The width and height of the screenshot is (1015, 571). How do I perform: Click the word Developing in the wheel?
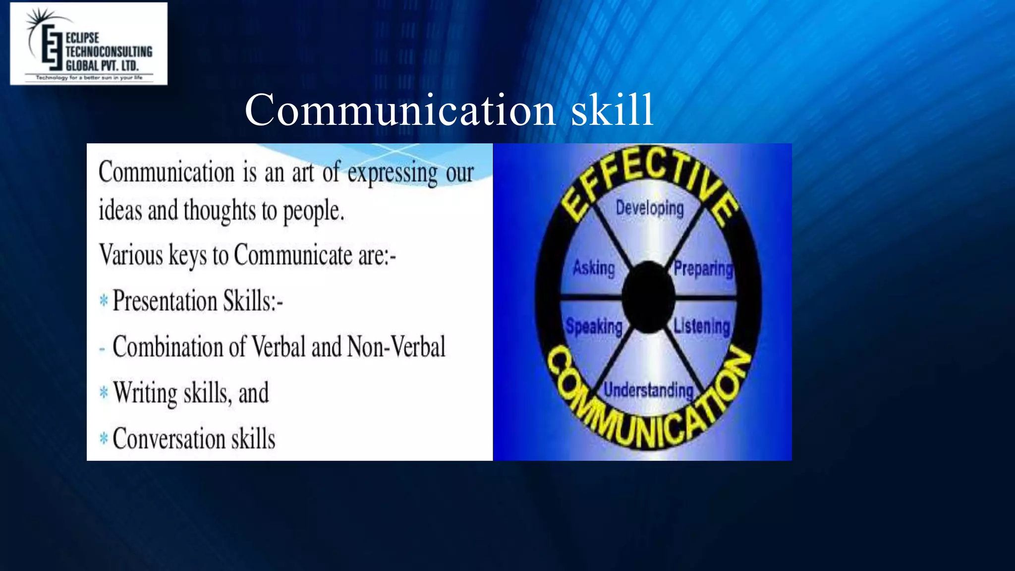[649, 208]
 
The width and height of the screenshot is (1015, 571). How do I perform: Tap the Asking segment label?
[594, 268]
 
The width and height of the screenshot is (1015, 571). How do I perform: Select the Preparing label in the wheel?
[703, 269]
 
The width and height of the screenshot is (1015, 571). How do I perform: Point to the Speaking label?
[594, 327]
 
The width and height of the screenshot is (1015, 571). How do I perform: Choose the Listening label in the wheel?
[702, 326]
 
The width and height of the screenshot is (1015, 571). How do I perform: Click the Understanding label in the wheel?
[648, 390]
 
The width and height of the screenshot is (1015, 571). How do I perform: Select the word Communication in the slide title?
[400, 110]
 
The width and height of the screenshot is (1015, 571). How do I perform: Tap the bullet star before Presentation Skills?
[104, 300]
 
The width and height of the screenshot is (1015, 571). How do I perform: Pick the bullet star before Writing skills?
[104, 393]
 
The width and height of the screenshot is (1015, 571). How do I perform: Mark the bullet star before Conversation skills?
[104, 438]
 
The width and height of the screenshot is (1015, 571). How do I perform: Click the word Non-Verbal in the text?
[396, 346]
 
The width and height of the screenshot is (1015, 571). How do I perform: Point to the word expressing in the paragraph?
[393, 173]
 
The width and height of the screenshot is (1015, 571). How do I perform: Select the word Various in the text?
[131, 255]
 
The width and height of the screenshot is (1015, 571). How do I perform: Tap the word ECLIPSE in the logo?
[82, 38]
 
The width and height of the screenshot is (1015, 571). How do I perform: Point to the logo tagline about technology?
[89, 78]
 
